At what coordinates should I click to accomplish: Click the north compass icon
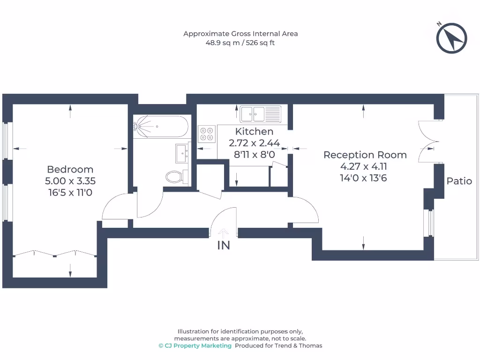tap(451, 37)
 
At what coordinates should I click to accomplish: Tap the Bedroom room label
tap(70, 169)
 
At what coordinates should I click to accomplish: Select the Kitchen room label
tap(254, 132)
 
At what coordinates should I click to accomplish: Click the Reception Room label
tap(365, 155)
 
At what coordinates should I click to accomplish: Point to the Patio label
tap(459, 181)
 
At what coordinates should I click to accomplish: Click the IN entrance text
tap(224, 245)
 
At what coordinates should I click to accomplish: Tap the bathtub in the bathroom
tap(161, 126)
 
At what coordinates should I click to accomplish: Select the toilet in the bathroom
tap(174, 177)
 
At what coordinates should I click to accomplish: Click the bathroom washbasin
tap(182, 152)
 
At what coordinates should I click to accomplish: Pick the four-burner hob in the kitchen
tap(207, 134)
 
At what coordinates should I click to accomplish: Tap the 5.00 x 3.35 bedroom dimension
tap(70, 180)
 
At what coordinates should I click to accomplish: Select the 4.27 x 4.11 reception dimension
tap(365, 166)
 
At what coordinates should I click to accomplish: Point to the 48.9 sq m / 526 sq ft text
tap(240, 43)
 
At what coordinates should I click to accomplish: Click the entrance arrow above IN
tap(224, 232)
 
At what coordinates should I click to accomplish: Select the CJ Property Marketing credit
tap(195, 346)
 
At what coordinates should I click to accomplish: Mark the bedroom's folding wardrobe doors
tap(55, 254)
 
